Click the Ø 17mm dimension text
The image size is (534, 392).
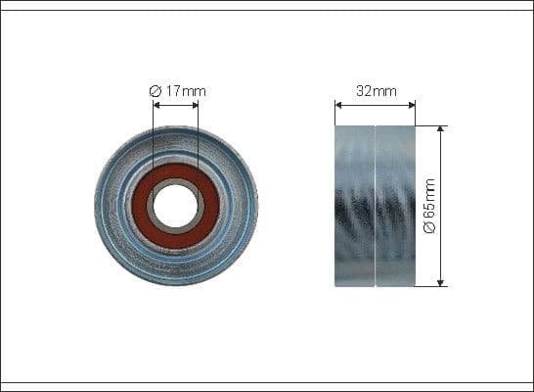click(177, 91)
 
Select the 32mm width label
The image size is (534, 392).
click(376, 91)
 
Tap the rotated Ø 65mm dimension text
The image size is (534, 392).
click(431, 206)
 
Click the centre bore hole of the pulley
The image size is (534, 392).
click(176, 205)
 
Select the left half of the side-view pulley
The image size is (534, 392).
click(355, 206)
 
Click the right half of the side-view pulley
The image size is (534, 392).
click(396, 206)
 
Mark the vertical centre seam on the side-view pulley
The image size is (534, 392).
click(377, 206)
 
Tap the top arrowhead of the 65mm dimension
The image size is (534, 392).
click(441, 129)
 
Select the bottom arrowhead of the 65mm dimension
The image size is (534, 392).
click(441, 282)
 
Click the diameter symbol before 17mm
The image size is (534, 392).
click(155, 91)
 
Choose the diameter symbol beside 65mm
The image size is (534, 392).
click(431, 228)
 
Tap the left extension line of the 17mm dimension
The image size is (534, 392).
click(154, 137)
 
